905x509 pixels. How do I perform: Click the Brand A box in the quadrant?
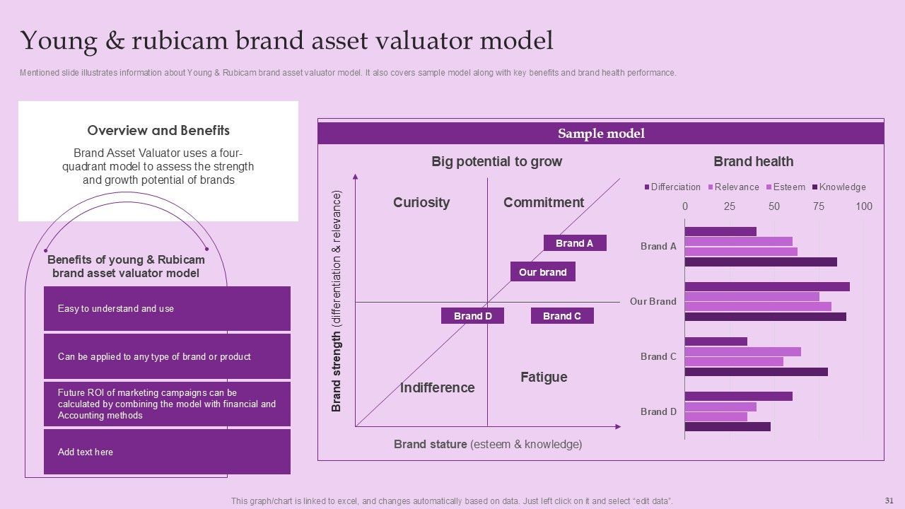[x=574, y=243]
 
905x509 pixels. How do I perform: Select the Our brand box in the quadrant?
[x=542, y=272]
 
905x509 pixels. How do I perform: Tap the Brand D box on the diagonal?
[x=472, y=316]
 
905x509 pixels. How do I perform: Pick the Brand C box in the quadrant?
[x=562, y=316]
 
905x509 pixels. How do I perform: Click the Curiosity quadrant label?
[x=421, y=203]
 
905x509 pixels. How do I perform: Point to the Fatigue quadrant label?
[x=544, y=378]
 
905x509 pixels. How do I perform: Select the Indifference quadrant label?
[x=437, y=387]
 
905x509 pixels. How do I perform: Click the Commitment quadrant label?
[x=544, y=203]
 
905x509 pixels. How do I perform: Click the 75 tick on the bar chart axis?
[x=819, y=206]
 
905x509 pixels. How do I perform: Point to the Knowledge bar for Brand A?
[x=761, y=262]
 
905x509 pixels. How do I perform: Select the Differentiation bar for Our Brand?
[x=767, y=287]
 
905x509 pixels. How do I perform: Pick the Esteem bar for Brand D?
[x=716, y=417]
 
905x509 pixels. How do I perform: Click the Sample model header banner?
[x=601, y=134]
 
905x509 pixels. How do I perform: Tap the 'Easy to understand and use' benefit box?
[x=167, y=309]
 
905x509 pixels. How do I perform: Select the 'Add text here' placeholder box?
[x=167, y=452]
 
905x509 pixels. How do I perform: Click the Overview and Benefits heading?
[x=158, y=130]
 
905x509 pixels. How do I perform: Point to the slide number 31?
[x=889, y=499]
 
